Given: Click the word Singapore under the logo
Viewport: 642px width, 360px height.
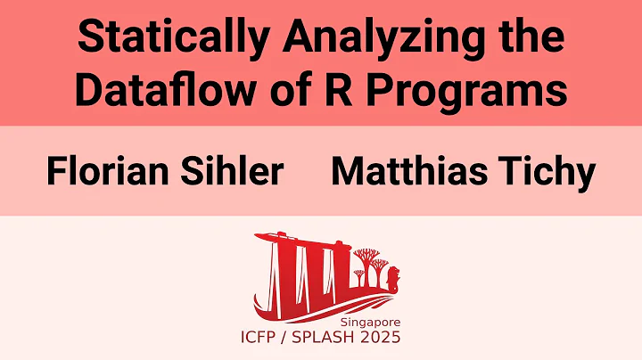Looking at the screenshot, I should pyautogui.click(x=369, y=322).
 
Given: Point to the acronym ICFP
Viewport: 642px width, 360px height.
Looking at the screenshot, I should pyautogui.click(x=265, y=337).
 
